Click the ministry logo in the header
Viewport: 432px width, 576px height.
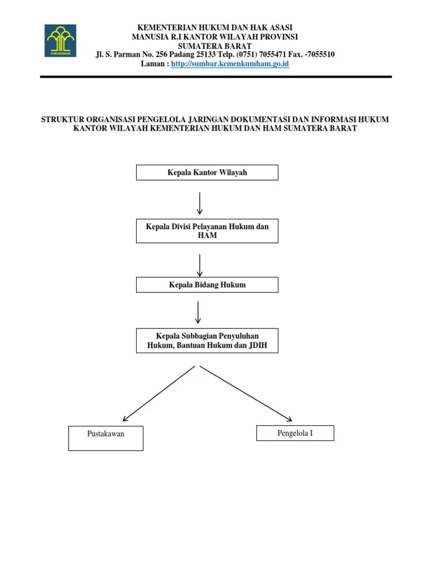60,40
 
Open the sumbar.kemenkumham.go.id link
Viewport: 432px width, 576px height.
229,64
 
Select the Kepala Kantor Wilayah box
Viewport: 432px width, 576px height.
207,173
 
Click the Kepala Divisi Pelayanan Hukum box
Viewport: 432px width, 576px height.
207,231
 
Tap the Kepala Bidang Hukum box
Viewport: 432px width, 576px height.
207,285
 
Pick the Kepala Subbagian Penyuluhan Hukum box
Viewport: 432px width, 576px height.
207,341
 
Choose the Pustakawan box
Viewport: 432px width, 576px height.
106,438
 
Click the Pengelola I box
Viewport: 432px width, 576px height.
295,433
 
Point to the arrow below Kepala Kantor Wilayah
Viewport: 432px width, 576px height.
200,203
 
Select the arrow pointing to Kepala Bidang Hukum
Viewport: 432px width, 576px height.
200,265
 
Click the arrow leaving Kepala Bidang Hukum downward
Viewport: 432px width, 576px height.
199,312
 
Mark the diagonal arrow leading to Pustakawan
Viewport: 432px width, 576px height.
159,394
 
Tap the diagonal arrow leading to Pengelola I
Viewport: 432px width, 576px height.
246,394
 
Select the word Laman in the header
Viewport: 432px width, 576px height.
153,64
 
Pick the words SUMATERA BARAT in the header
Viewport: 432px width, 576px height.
214,46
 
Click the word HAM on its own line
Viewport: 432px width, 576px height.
207,236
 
